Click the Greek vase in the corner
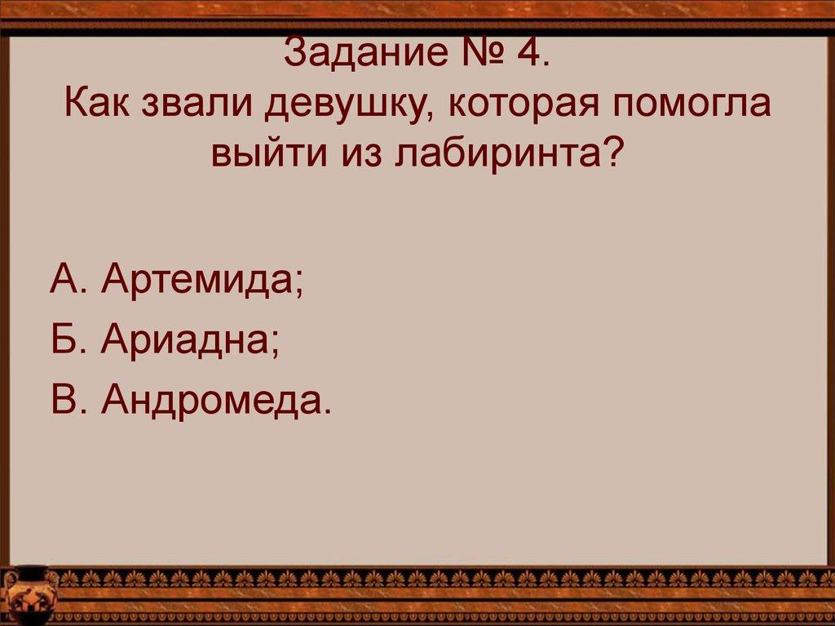(x=29, y=594)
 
